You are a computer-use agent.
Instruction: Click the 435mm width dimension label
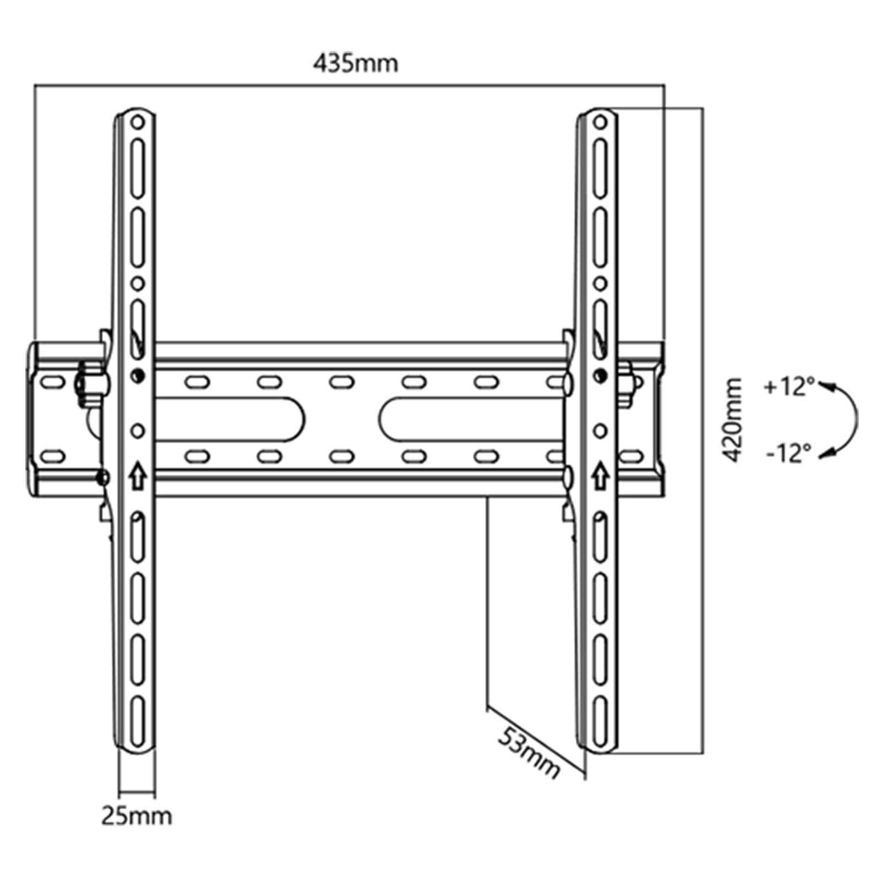click(x=355, y=64)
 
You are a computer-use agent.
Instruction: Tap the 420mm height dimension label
click(x=732, y=420)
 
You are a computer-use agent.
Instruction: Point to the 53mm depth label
click(x=529, y=752)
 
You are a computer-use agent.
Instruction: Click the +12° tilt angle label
click(x=788, y=387)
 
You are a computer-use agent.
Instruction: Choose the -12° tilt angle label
click(x=788, y=454)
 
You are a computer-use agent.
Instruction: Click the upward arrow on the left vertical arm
click(x=137, y=477)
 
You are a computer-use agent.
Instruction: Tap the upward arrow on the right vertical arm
click(x=600, y=477)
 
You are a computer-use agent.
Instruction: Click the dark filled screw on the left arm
click(x=138, y=376)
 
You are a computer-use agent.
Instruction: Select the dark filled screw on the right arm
click(x=601, y=376)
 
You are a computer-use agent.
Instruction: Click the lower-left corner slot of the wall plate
click(x=53, y=456)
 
